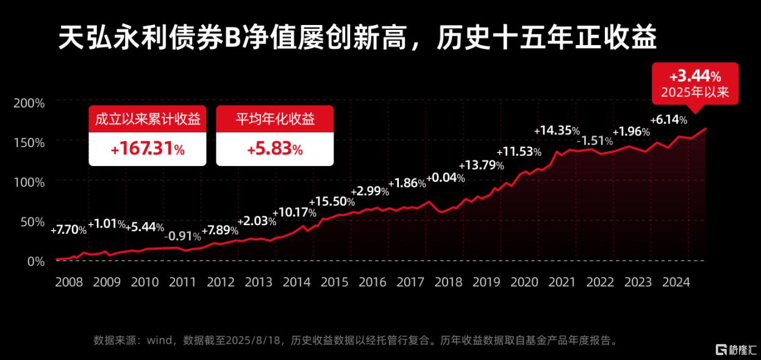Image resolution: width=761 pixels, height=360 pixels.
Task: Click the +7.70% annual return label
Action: (68, 230)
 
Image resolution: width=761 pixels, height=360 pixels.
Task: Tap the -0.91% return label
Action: (184, 236)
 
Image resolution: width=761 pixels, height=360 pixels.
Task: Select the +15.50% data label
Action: (332, 201)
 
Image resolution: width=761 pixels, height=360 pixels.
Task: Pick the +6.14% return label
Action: (669, 120)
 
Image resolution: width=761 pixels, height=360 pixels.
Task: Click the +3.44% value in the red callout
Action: (695, 77)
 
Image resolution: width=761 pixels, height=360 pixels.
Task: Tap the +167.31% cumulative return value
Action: (148, 149)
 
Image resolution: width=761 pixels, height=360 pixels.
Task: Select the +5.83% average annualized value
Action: (274, 149)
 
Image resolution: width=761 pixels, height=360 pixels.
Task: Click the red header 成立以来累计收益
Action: (148, 118)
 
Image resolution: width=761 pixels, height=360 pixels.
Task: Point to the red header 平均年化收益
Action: (274, 118)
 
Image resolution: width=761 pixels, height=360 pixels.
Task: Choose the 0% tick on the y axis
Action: (36, 261)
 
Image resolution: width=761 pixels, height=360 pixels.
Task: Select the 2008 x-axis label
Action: (68, 282)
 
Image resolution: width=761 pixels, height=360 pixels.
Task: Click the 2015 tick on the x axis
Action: (334, 282)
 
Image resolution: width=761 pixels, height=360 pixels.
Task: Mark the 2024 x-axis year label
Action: (676, 282)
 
